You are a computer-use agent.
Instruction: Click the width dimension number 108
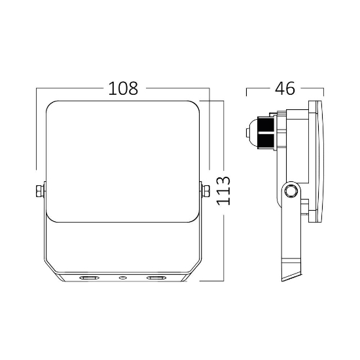pyautogui.click(x=123, y=88)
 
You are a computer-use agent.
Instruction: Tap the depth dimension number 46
pyautogui.click(x=285, y=88)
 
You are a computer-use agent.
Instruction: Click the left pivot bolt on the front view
pyautogui.click(x=39, y=190)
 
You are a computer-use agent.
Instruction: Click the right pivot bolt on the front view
pyautogui.click(x=206, y=190)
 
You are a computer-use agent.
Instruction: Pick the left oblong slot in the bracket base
pyautogui.click(x=88, y=278)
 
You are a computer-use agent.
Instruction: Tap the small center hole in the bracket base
pyautogui.click(x=122, y=278)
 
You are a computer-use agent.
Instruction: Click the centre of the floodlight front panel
pyautogui.click(x=122, y=160)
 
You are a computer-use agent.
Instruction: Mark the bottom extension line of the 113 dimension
pyautogui.click(x=213, y=281)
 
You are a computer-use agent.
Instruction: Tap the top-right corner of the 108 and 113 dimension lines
pyautogui.click(x=209, y=100)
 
